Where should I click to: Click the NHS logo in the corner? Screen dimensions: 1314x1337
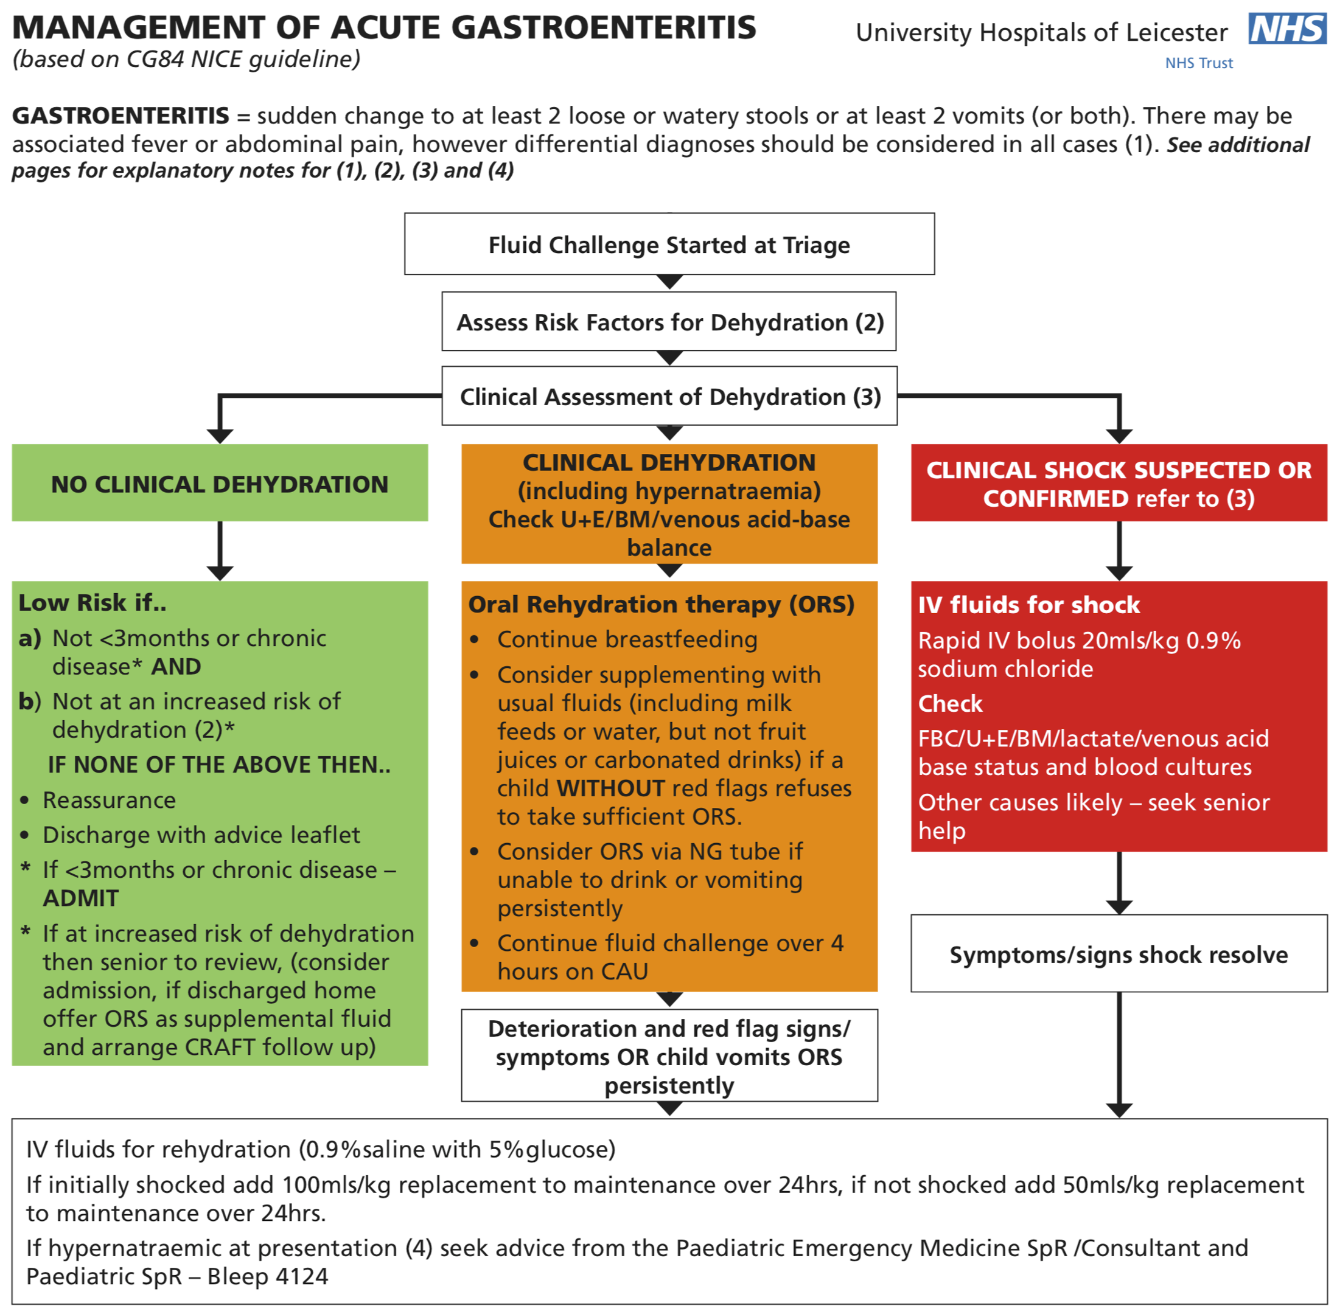point(1286,29)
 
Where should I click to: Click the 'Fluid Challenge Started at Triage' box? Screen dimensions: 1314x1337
point(669,245)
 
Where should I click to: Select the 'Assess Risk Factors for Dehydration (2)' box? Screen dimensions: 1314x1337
point(669,322)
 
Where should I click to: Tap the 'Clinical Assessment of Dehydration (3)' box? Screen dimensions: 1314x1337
point(669,396)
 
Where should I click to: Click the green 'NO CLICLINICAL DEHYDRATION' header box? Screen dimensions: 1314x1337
point(220,483)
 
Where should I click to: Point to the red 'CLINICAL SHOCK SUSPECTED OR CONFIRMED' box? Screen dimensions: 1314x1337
point(1118,483)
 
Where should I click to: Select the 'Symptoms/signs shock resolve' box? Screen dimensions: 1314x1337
point(1118,954)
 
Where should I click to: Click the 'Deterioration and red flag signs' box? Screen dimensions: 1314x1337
point(669,1056)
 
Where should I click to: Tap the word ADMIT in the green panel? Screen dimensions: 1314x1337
point(81,898)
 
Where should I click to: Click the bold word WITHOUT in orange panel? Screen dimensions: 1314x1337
point(610,787)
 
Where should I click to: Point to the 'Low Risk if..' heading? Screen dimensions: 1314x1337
point(93,602)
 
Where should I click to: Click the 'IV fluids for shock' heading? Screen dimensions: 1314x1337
point(1028,605)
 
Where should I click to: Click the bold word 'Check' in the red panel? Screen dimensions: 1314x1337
point(950,703)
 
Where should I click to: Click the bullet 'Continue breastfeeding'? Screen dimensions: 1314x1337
point(627,639)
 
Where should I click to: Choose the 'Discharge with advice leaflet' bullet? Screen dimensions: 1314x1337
point(201,835)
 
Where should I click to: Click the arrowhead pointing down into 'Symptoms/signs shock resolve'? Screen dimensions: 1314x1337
point(1118,907)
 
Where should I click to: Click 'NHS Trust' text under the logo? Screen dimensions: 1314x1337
point(1198,63)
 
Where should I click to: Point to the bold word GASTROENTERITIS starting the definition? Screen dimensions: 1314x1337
point(120,115)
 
